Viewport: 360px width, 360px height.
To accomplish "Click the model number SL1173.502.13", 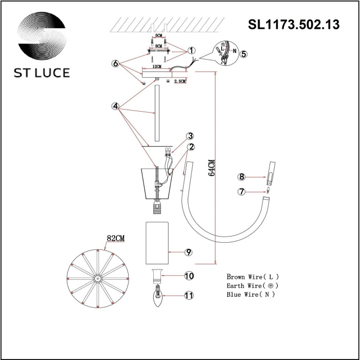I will (294, 24).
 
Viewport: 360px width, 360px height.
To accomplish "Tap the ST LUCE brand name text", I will (42, 73).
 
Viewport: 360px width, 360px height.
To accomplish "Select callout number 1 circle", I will (191, 51).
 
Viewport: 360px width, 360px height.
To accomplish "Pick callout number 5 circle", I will (244, 53).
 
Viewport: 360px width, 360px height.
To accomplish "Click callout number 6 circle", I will (116, 64).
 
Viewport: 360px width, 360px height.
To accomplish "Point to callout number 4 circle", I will (116, 106).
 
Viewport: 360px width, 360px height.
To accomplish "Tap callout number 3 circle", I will (190, 136).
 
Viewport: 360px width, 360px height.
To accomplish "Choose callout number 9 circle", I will (189, 252).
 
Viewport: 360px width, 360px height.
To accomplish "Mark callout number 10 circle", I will (189, 276).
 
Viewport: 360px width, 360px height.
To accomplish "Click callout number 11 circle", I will (189, 295).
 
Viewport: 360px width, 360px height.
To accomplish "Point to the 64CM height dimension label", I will (211, 167).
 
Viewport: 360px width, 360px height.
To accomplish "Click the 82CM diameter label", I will (117, 238).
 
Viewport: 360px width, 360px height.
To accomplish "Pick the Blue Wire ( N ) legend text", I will (250, 295).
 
